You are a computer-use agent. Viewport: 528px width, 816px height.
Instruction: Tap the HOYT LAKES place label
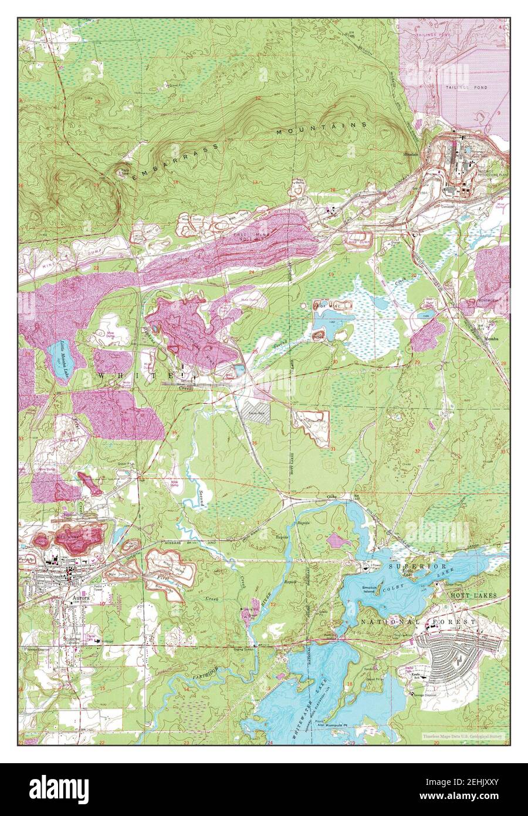pos(473,595)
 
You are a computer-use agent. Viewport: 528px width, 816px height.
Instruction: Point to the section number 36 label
pos(254,443)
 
